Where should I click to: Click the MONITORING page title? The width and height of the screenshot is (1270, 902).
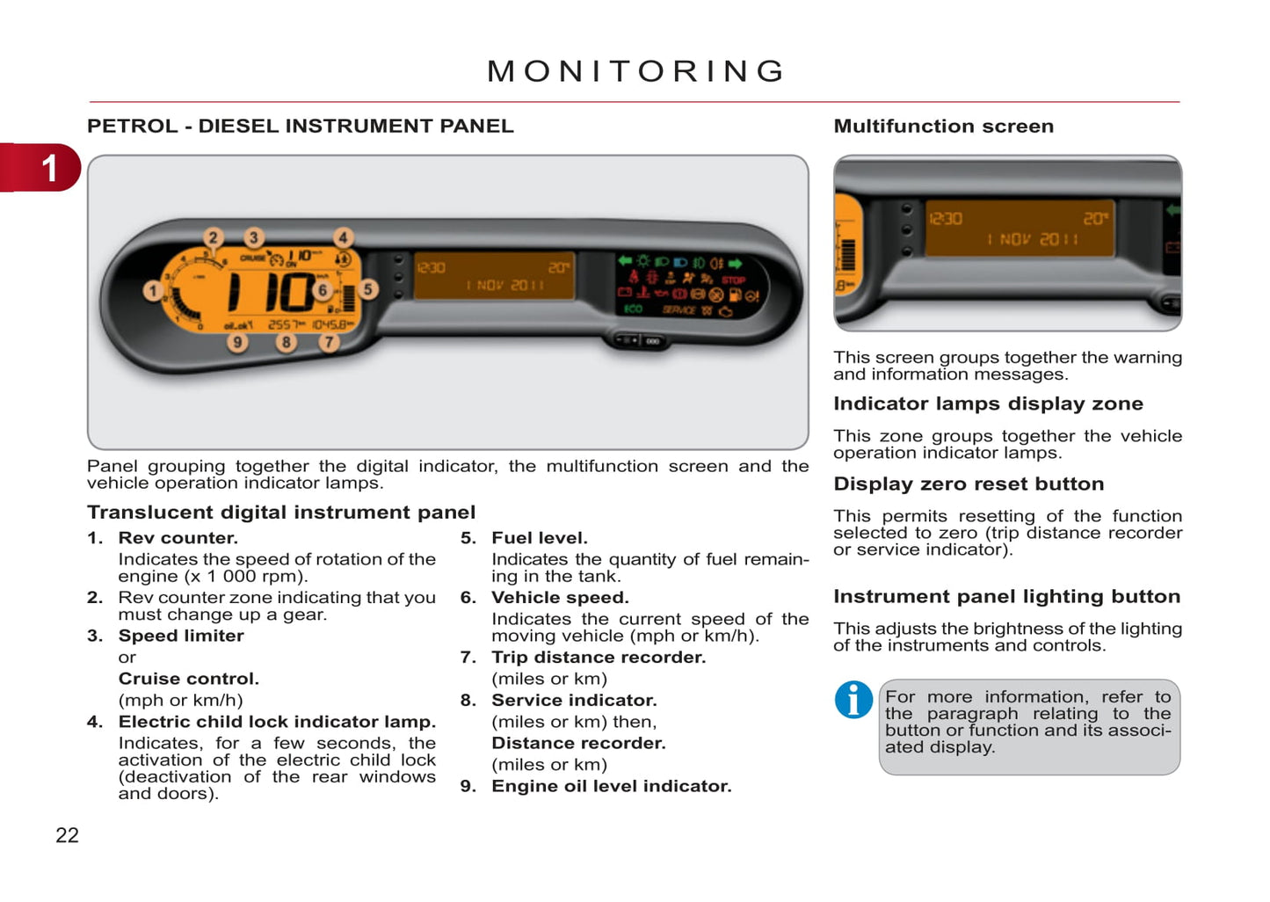pyautogui.click(x=636, y=71)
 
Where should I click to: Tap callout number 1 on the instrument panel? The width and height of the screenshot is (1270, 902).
pyautogui.click(x=153, y=290)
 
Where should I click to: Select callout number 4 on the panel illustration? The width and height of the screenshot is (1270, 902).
pyautogui.click(x=343, y=237)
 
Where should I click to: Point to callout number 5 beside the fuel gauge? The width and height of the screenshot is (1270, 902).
pyautogui.click(x=368, y=288)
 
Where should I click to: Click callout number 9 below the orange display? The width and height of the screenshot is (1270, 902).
pyautogui.click(x=237, y=342)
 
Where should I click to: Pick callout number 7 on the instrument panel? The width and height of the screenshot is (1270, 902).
pyautogui.click(x=329, y=342)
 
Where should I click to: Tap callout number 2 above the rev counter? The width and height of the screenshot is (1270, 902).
pyautogui.click(x=213, y=237)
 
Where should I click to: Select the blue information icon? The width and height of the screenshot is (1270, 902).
pyautogui.click(x=853, y=700)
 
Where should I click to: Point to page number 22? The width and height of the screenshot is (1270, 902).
pyautogui.click(x=67, y=835)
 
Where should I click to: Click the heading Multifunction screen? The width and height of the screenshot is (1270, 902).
pyautogui.click(x=943, y=127)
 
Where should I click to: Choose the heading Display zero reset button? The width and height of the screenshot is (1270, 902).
pyautogui.click(x=969, y=484)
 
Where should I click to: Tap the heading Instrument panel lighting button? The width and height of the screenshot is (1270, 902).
pyautogui.click(x=1006, y=597)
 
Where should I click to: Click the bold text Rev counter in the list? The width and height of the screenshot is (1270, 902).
pyautogui.click(x=178, y=538)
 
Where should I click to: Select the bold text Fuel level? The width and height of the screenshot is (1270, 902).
pyautogui.click(x=539, y=538)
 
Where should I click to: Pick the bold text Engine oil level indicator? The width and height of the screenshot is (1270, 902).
pyautogui.click(x=611, y=787)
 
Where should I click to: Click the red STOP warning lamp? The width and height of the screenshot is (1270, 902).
pyautogui.click(x=733, y=280)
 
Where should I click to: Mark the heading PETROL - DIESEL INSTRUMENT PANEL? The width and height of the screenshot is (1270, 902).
pyautogui.click(x=300, y=127)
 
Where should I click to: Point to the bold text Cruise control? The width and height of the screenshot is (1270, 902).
pyautogui.click(x=188, y=679)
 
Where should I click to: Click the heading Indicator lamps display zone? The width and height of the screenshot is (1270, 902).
pyautogui.click(x=988, y=404)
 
